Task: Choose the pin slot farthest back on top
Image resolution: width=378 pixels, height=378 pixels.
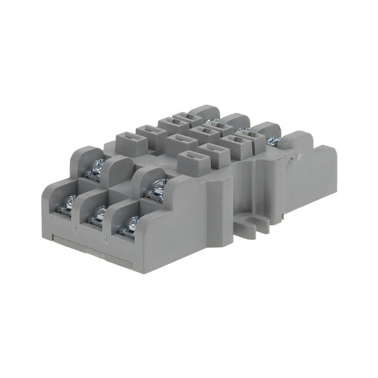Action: pos(181,116)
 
